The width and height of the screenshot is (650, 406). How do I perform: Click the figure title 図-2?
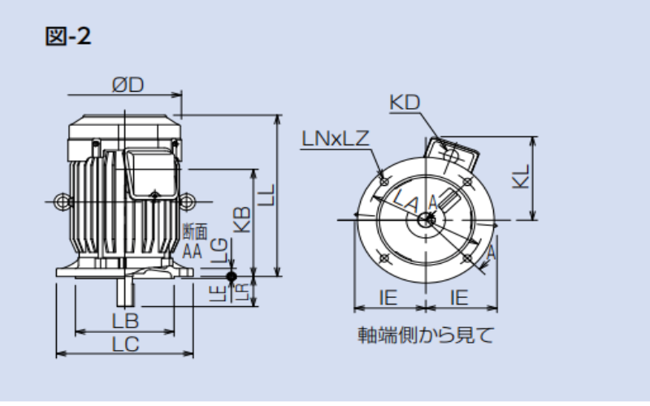click(67, 37)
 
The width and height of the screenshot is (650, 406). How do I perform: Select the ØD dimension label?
click(128, 85)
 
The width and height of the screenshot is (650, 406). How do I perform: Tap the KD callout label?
click(404, 103)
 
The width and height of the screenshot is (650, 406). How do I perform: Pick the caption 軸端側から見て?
click(426, 335)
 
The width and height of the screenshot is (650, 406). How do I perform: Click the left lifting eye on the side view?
click(60, 199)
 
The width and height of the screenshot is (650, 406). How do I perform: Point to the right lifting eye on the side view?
click(188, 199)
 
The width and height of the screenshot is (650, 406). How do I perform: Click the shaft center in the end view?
click(426, 218)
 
